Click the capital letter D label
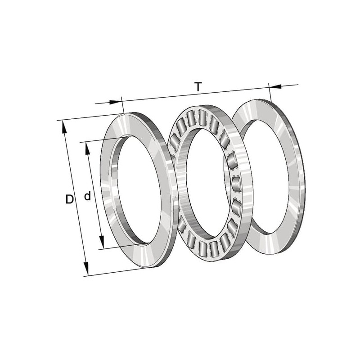[x=69, y=199]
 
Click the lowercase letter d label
[x=87, y=196]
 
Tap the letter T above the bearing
[x=198, y=87]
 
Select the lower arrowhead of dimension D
[x=85, y=269]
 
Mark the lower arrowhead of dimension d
[x=102, y=242]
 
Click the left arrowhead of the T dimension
[x=115, y=102]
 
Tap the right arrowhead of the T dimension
[x=275, y=86]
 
